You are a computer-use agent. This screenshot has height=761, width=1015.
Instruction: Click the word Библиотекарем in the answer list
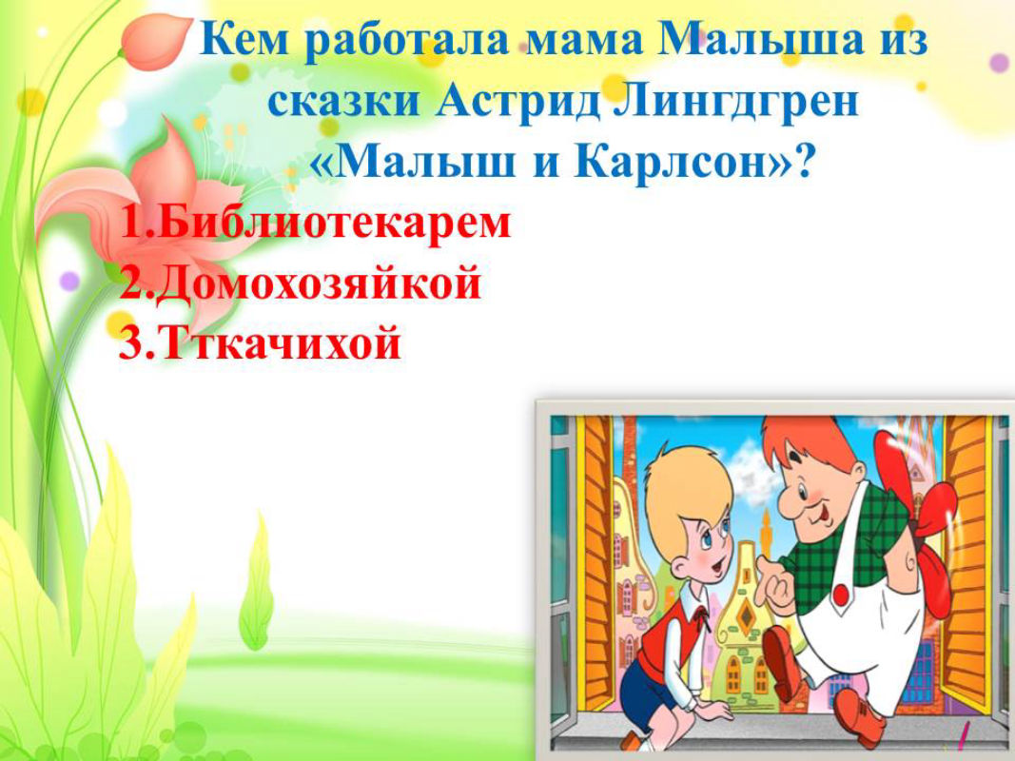coord(334,224)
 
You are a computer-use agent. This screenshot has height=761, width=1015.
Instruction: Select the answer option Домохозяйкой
coord(319,283)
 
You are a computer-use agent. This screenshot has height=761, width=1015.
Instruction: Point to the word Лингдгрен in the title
coord(734,102)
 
